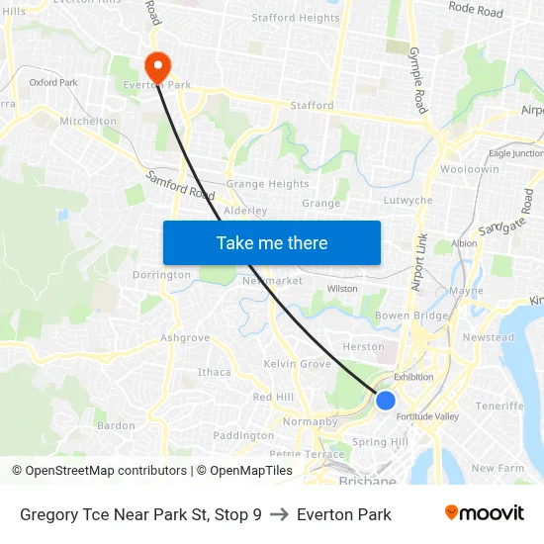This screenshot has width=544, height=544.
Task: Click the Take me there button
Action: point(272,243)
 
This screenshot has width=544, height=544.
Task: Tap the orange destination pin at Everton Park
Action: point(157,66)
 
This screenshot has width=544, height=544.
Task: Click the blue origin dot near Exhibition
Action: point(386,401)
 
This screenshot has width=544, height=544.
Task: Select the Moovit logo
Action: point(484,513)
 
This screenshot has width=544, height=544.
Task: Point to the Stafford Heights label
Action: point(295,18)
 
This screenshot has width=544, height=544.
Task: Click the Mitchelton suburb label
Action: point(88,122)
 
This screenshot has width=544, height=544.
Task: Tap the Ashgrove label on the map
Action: point(185,337)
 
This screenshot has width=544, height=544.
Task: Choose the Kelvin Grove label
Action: point(298,364)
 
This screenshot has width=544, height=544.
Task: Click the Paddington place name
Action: point(243,435)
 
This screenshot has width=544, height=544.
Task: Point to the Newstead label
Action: point(489,337)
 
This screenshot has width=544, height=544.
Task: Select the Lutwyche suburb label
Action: point(408,200)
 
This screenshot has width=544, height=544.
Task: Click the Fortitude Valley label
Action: point(426,416)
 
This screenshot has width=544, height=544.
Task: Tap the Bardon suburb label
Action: point(116,425)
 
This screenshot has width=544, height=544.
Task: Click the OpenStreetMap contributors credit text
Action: point(102,471)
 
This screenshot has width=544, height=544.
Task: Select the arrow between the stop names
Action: point(279,514)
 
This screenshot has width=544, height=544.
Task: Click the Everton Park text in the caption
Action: point(344,514)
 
